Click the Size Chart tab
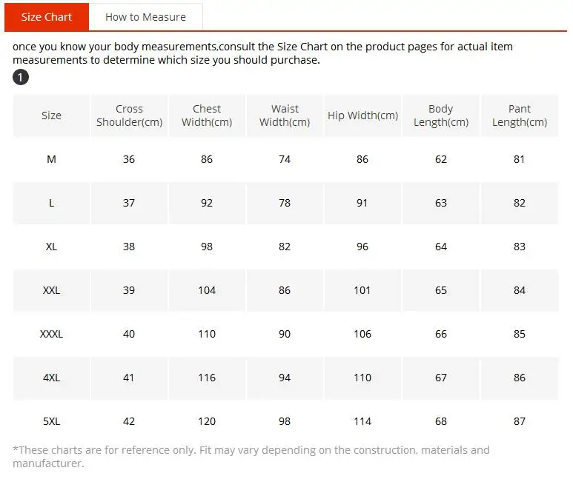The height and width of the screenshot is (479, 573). point(47,17)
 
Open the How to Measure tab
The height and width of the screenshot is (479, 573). point(145,17)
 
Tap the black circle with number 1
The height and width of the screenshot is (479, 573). point(21,77)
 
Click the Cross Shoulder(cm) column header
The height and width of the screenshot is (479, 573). point(130,115)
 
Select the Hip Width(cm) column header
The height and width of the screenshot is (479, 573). point(362,115)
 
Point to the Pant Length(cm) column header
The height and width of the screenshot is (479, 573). point(520,115)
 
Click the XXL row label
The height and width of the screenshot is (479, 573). point(51,290)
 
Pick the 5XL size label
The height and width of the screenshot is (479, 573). point(51,421)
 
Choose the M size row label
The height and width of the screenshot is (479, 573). point(51,159)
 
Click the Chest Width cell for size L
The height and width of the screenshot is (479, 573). point(207,203)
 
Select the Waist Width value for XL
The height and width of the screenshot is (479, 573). point(285,247)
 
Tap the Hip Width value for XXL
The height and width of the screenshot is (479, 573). point(362,290)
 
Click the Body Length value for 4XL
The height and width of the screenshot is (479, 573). point(441,378)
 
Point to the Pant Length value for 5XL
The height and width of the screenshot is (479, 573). point(520,421)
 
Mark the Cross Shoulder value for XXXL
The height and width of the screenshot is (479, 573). point(129,334)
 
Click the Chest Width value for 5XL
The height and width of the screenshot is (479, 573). point(207,421)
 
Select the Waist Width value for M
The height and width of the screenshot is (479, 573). point(285,159)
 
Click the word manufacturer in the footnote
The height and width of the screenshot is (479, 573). point(47,463)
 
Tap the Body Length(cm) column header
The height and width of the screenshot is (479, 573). point(441,115)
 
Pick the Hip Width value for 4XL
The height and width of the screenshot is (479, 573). point(362,378)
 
